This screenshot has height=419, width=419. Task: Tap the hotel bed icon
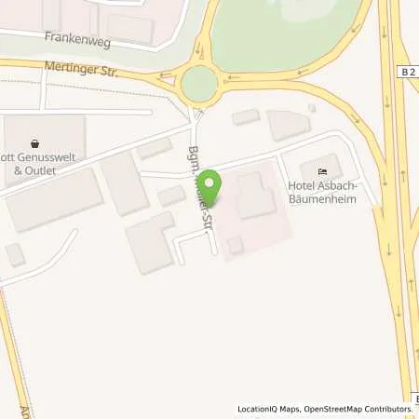[x=322, y=171]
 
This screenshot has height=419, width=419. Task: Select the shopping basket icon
[x=35, y=144]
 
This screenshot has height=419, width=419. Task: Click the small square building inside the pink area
[x=236, y=245]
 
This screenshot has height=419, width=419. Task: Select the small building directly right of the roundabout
[x=246, y=116]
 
